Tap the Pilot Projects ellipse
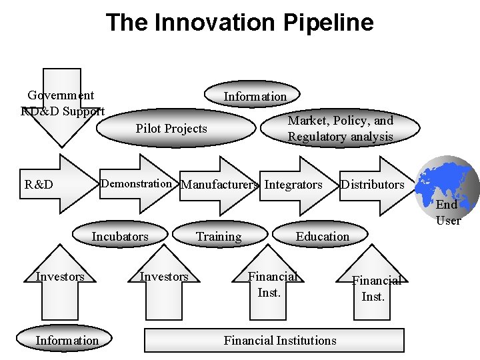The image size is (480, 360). pyautogui.click(x=172, y=129)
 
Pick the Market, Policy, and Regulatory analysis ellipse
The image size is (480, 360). pyautogui.click(x=340, y=129)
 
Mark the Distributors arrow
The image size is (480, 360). pyautogui.click(x=373, y=184)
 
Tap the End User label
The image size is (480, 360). pyautogui.click(x=447, y=213)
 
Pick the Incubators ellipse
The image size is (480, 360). pyautogui.click(x=120, y=237)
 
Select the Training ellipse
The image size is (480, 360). pyautogui.click(x=219, y=237)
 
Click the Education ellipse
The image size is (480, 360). pyautogui.click(x=323, y=237)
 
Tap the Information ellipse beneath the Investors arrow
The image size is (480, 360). pyautogui.click(x=67, y=341)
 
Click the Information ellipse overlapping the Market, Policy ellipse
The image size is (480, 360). pyautogui.click(x=255, y=96)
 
